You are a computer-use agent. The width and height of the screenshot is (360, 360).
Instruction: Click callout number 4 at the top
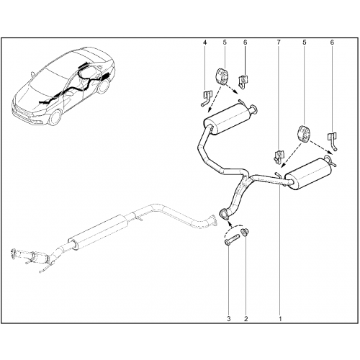204,42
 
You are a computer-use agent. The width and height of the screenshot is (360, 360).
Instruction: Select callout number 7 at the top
279,42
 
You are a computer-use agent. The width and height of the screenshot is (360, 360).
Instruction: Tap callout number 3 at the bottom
229,319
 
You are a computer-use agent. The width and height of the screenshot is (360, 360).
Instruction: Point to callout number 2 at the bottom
246,319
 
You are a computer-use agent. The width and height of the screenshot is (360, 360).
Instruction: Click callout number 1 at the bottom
280,319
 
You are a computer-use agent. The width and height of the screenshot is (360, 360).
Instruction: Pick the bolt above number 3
232,240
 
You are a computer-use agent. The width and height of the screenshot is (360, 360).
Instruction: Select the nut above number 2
246,233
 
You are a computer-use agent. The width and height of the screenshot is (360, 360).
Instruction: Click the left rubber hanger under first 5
222,76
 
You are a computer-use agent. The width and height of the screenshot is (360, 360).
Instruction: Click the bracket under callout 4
206,98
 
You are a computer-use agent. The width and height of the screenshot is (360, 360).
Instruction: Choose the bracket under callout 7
278,156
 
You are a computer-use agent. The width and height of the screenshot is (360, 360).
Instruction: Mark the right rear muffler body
309,174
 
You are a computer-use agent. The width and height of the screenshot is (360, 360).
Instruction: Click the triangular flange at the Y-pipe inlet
224,215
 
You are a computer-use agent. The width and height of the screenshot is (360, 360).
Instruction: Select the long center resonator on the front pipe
97,232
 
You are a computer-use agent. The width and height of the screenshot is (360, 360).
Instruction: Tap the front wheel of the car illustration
55,118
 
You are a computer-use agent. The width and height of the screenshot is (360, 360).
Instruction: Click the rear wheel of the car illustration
104,86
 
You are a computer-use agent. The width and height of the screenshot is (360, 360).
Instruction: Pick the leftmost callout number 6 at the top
245,42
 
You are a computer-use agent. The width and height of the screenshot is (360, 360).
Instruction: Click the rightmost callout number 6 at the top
332,42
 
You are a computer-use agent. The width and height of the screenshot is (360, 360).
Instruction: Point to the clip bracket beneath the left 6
243,82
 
